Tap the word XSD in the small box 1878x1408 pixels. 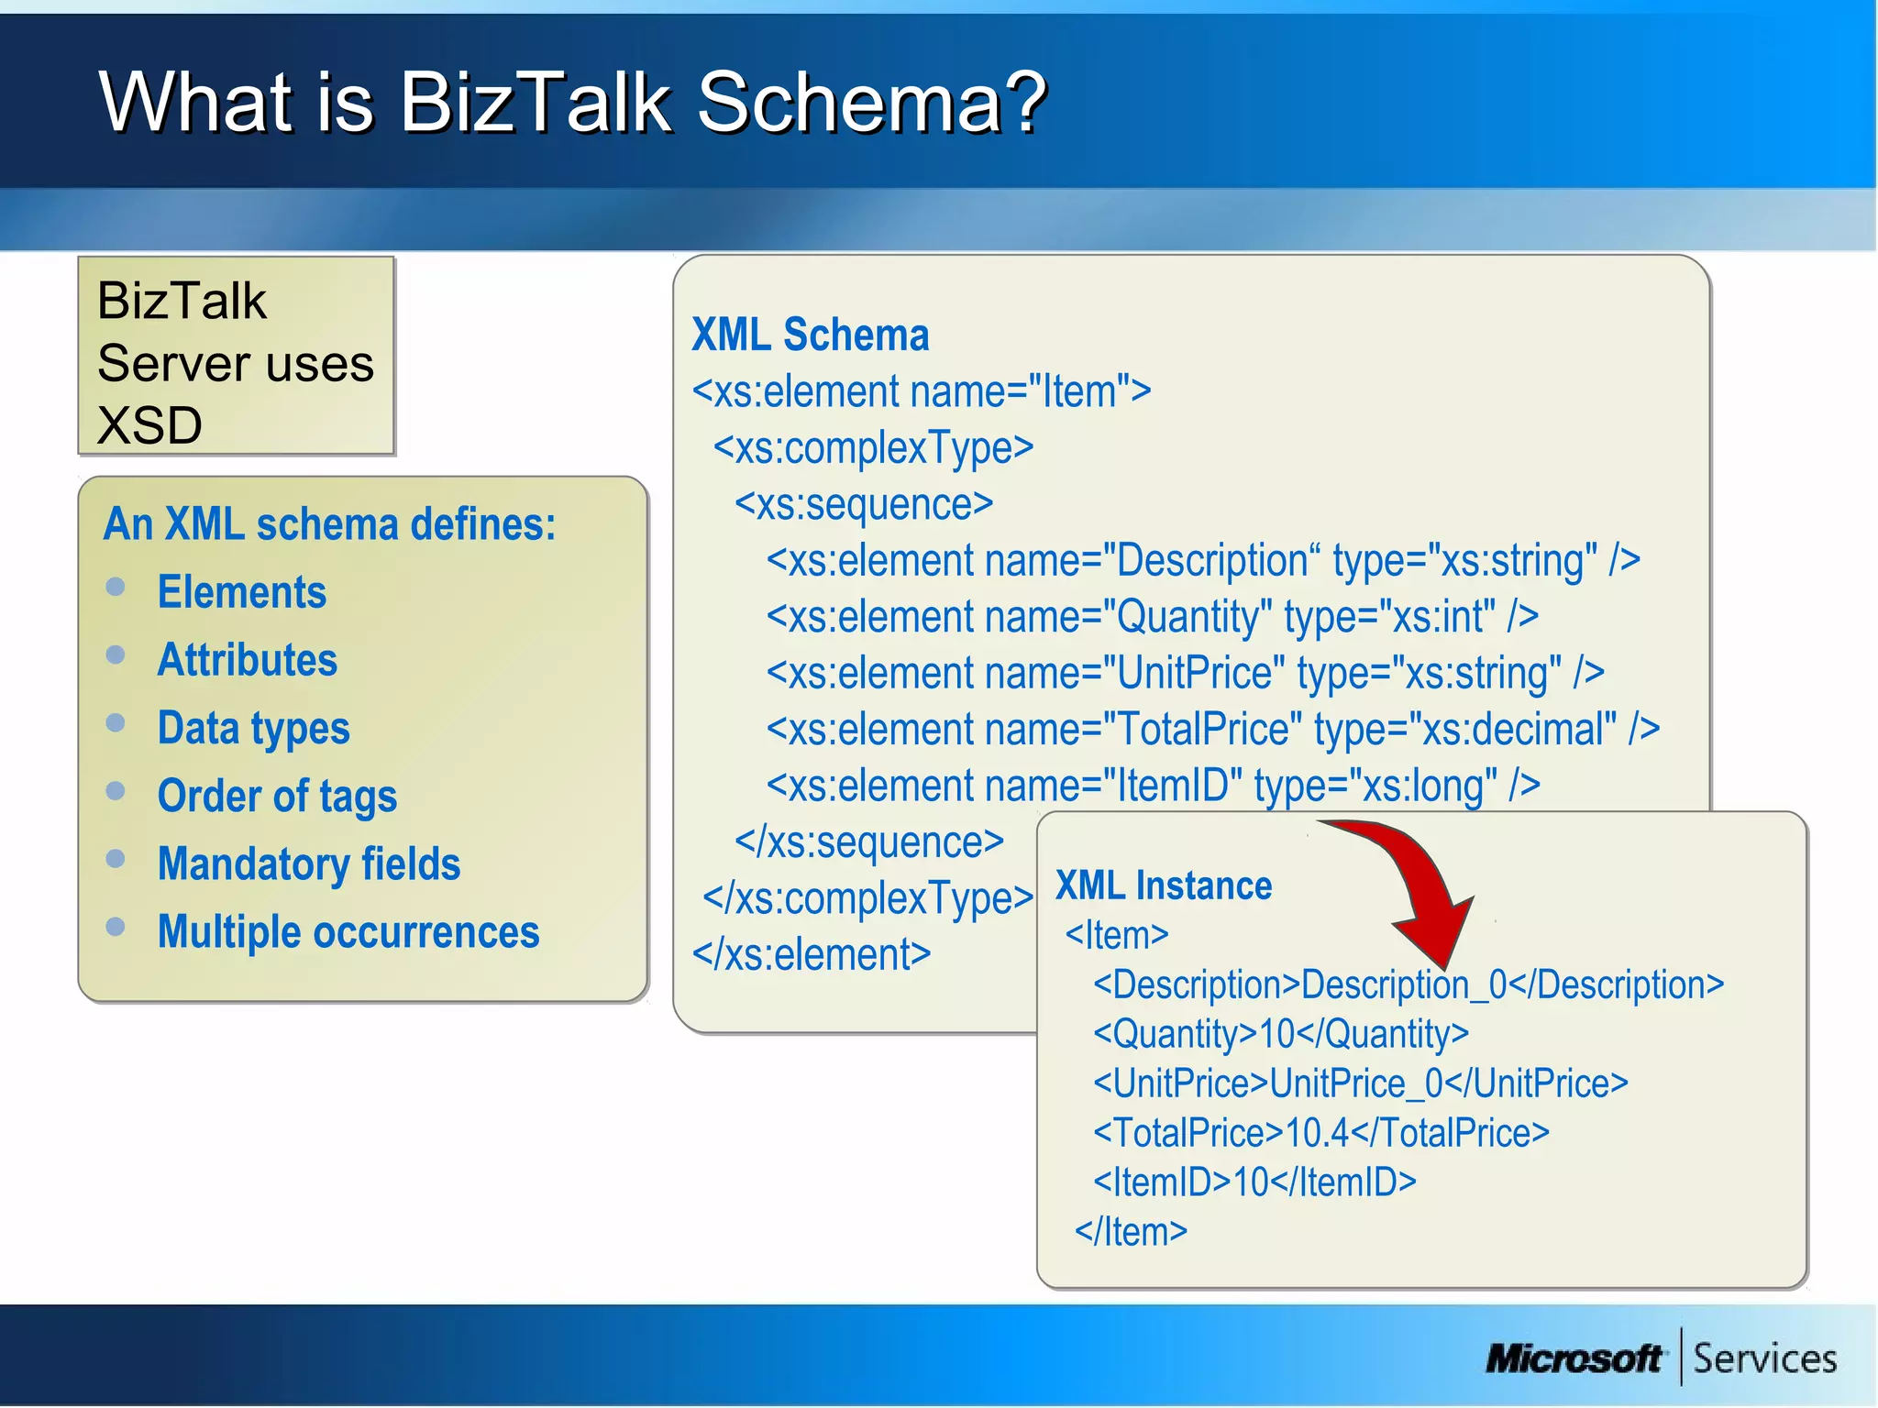[149, 425]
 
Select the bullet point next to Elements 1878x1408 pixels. [116, 587]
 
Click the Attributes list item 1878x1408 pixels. [248, 660]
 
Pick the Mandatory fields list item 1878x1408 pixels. [309, 864]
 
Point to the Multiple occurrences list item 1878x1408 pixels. [348, 932]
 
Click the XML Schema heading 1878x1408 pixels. [810, 335]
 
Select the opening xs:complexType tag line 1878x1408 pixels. [873, 448]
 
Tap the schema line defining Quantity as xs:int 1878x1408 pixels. [1152, 617]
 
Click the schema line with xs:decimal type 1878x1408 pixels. [1212, 730]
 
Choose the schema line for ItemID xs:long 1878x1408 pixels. [1153, 786]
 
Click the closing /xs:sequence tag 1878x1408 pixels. [868, 842]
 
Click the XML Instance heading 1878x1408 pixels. [1163, 885]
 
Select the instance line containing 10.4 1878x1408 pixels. [1320, 1133]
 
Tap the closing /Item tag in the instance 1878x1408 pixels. [1131, 1231]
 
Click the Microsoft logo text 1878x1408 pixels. [1574, 1358]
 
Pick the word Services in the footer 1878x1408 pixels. [1764, 1358]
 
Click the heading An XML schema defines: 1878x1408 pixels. [329, 524]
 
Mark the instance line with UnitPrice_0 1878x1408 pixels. [1360, 1083]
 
